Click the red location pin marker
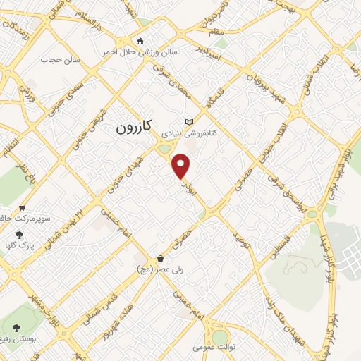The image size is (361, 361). click(182, 166)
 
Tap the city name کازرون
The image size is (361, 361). click(132, 130)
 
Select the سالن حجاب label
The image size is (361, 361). click(61, 60)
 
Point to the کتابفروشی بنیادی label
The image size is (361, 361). click(188, 132)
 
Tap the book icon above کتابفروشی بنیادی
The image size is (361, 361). click(188, 122)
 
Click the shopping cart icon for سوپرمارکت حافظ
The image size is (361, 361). click(22, 208)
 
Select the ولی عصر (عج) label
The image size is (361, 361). click(159, 269)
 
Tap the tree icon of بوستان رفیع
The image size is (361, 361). click(17, 328)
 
